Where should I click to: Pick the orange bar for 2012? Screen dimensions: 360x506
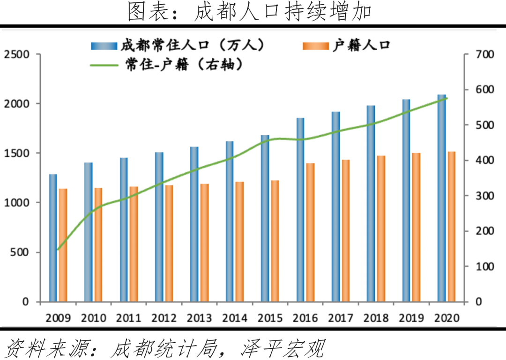point(169,243)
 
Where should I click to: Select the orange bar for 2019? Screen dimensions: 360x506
point(417,227)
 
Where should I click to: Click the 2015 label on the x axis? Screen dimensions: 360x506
point(270,318)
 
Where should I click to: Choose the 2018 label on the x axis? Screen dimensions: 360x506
point(376,318)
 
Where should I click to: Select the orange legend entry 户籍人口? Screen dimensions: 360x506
point(361,45)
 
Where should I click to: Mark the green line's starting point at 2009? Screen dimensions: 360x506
point(58,250)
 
